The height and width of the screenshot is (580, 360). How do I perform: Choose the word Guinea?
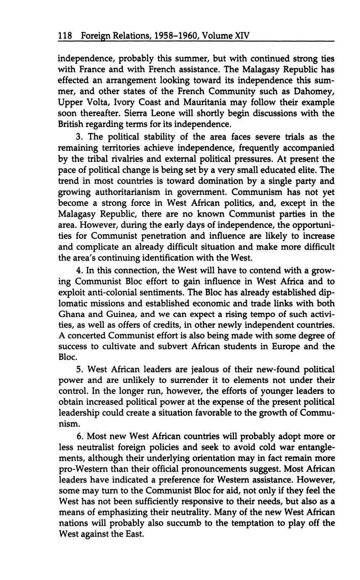pos(116,314)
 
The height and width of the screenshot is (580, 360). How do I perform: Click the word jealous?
pos(206,369)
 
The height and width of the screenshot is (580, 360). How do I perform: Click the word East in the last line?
pos(133,535)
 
